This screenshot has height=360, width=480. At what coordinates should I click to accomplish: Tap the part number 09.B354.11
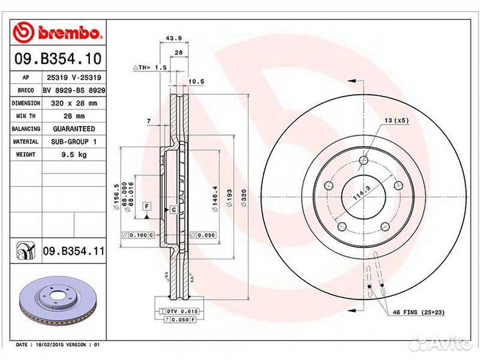coord(73,251)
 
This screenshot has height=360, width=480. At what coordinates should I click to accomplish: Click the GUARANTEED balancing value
coord(73,129)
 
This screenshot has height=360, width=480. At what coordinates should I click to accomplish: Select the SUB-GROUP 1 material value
coord(73,141)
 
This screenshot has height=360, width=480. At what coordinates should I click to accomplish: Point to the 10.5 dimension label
coord(197,81)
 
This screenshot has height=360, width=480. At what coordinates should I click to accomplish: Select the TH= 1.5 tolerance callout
coord(149,68)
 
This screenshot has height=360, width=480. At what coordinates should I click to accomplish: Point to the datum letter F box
coord(146,205)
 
